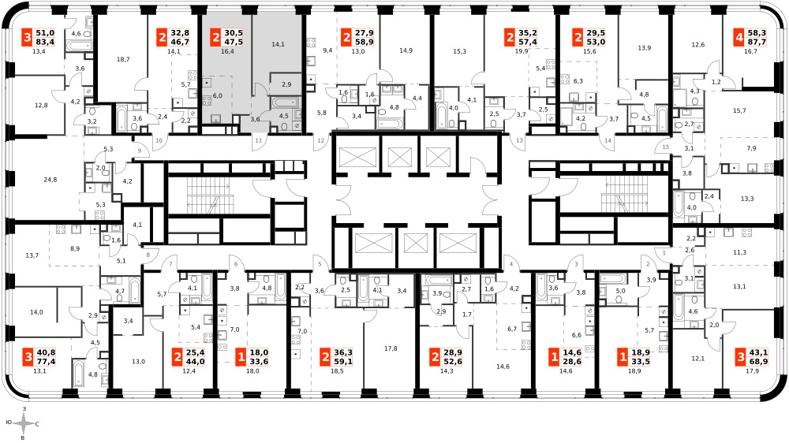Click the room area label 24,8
(50, 180)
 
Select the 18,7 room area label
(123, 59)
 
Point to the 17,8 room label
(391, 348)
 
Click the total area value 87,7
(757, 43)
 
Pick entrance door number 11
(258, 140)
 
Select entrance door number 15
(666, 147)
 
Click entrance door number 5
(319, 264)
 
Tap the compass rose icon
(23, 424)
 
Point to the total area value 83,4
(45, 43)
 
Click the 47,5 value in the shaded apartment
(234, 43)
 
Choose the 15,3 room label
(459, 50)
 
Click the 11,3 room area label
(740, 252)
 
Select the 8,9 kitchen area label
(75, 248)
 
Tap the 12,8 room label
(41, 105)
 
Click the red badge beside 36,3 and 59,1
(325, 357)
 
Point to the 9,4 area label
(327, 50)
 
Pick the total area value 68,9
(757, 362)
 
